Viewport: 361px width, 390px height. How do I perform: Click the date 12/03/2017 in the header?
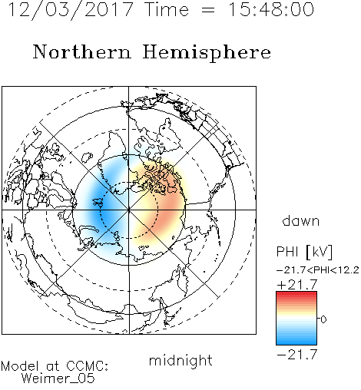click(x=71, y=10)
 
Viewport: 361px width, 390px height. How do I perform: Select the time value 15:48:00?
click(x=271, y=9)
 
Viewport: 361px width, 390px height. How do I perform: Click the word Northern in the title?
click(x=82, y=51)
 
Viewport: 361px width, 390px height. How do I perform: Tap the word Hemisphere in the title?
click(x=207, y=52)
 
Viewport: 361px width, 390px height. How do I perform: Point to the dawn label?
click(x=301, y=220)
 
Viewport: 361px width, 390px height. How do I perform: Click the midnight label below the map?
click(x=180, y=360)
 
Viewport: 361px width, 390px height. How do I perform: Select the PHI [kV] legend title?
click(x=304, y=252)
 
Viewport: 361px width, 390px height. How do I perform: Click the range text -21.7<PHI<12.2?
click(x=318, y=270)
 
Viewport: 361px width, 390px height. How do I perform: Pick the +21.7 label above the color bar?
click(x=297, y=285)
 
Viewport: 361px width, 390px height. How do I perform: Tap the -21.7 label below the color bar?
click(x=297, y=355)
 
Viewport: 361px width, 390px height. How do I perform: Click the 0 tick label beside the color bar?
click(x=323, y=319)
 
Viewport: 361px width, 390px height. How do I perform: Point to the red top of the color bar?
click(x=296, y=295)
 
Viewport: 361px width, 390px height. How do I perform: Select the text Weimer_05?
click(x=58, y=378)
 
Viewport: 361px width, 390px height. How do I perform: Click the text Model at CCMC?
click(x=55, y=366)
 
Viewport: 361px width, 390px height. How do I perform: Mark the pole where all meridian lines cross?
click(x=129, y=210)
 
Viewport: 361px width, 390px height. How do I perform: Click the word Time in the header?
click(x=167, y=9)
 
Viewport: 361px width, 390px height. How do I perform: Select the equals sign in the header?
click(x=208, y=11)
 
